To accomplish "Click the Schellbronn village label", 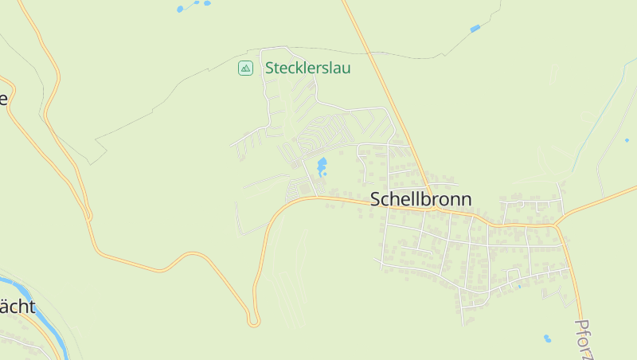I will point(420,199).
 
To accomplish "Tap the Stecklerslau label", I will point(307,68).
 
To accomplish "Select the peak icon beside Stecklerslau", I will point(245,68).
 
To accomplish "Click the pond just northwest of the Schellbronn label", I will point(322,166).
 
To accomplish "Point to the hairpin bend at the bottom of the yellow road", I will point(253,321).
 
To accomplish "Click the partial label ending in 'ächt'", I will point(17,307).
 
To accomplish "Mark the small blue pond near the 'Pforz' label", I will point(547,338).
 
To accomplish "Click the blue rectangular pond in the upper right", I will point(475,29).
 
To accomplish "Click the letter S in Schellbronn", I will point(377,199).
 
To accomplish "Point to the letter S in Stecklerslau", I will point(270,68).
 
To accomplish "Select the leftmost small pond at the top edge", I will point(180,10).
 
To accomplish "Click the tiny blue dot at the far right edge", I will point(627,140).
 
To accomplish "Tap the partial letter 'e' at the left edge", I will point(3,100).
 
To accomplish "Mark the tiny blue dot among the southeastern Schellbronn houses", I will point(519,286).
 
